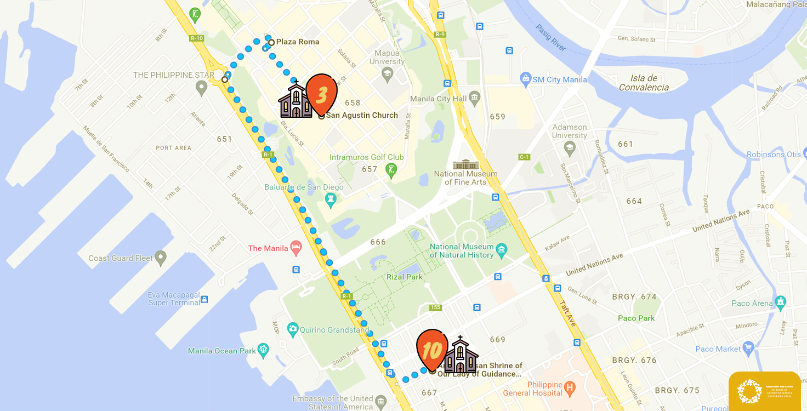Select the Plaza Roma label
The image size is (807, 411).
[x=297, y=42]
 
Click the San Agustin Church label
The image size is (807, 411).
[x=362, y=115]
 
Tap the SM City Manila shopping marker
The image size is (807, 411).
[x=526, y=79]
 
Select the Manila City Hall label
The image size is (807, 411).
[x=438, y=99]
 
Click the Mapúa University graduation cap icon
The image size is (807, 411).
[x=387, y=73]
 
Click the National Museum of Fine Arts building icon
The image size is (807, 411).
[x=465, y=164]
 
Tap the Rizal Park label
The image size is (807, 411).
[x=405, y=277]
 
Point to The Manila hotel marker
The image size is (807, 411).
[x=296, y=248]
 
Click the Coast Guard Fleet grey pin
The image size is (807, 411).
[x=160, y=257]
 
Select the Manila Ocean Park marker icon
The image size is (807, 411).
[x=263, y=349]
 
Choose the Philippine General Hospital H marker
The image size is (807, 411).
[x=570, y=389]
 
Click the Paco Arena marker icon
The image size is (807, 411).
[x=781, y=302]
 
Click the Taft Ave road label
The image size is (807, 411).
[x=567, y=313]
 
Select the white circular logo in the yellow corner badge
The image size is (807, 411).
[x=749, y=391]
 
